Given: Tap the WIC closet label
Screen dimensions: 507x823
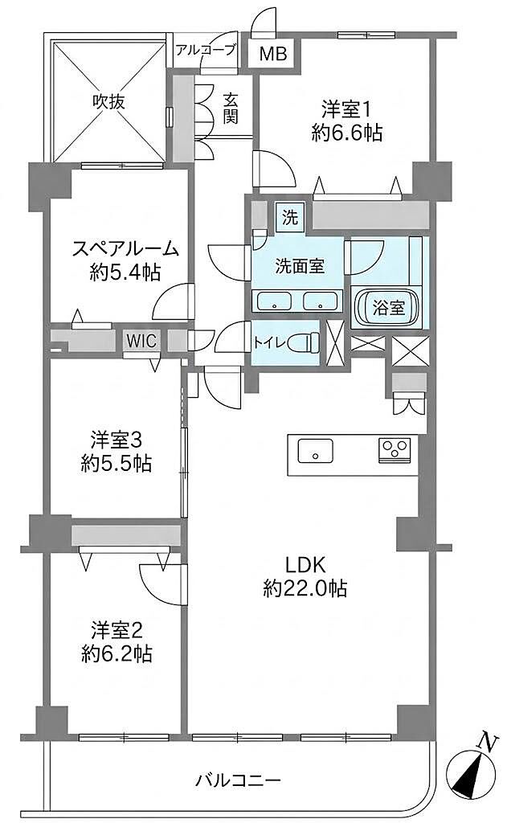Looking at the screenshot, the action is pyautogui.click(x=141, y=341).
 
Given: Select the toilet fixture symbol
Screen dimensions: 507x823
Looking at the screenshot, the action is pyautogui.click(x=304, y=342).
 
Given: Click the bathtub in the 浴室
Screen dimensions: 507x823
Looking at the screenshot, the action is pyautogui.click(x=388, y=308).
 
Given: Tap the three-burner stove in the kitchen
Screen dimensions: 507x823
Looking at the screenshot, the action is pyautogui.click(x=395, y=450).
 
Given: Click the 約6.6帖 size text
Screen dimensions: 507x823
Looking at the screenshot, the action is pyautogui.click(x=346, y=133).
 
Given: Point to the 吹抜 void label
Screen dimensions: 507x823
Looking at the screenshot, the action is pyautogui.click(x=109, y=101).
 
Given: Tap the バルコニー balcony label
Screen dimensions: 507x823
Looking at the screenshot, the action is pyautogui.click(x=239, y=780).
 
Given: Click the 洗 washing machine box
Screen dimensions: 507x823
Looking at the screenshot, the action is pyautogui.click(x=289, y=217).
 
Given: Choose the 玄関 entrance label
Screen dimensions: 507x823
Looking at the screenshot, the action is pyautogui.click(x=230, y=108).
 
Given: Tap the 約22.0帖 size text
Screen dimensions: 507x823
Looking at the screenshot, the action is pyautogui.click(x=305, y=588).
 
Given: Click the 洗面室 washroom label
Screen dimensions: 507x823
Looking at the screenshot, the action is pyautogui.click(x=301, y=266).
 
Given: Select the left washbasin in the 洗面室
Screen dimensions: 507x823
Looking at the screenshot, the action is pyautogui.click(x=273, y=301).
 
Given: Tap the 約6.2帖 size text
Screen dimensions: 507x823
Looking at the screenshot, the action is pyautogui.click(x=117, y=654).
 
